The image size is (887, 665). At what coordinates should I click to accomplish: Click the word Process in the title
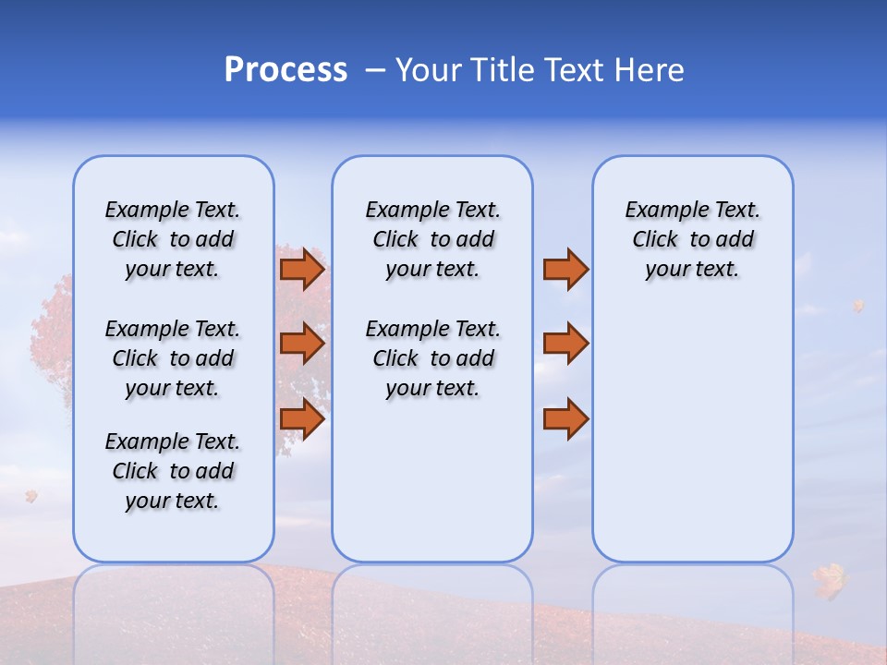point(286,70)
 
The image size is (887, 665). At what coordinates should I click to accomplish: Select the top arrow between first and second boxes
point(302,270)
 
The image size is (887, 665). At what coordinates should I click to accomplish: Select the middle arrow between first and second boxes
point(302,344)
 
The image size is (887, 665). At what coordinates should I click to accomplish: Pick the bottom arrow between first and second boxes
point(302,419)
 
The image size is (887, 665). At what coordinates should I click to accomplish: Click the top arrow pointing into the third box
point(565,270)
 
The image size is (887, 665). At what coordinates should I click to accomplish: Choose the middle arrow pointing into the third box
point(565,344)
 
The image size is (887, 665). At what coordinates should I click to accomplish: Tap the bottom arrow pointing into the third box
point(565,419)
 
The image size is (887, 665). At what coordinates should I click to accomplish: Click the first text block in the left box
point(173,239)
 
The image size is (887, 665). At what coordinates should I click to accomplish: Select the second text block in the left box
point(173,358)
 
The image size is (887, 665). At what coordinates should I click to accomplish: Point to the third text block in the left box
point(173,471)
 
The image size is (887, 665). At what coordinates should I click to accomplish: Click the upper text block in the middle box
point(432,239)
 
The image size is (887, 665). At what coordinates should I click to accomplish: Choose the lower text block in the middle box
point(432,358)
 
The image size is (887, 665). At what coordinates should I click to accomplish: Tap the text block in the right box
point(692,239)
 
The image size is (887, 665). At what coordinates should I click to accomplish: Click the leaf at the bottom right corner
point(829,580)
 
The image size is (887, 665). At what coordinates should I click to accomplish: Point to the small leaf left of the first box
point(31,496)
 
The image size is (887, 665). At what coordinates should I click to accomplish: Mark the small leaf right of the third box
point(858,305)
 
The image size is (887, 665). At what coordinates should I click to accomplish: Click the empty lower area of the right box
point(692,443)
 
